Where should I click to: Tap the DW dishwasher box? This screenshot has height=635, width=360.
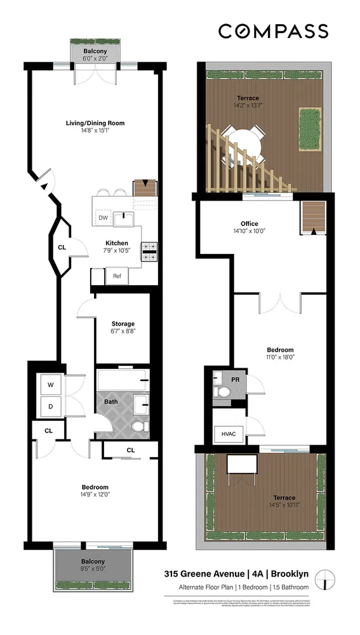point(103,217)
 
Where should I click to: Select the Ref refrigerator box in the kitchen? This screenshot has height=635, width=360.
point(117,276)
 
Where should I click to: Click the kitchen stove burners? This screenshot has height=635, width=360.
point(149,251)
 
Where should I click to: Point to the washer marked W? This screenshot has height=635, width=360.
point(50,384)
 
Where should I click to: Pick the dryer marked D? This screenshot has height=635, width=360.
point(50,406)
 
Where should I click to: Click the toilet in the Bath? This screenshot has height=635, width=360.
point(140,425)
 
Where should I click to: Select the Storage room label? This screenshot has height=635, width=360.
point(123,324)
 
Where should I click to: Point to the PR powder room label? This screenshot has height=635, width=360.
point(236,379)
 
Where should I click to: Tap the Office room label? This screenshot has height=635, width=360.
point(249,223)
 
